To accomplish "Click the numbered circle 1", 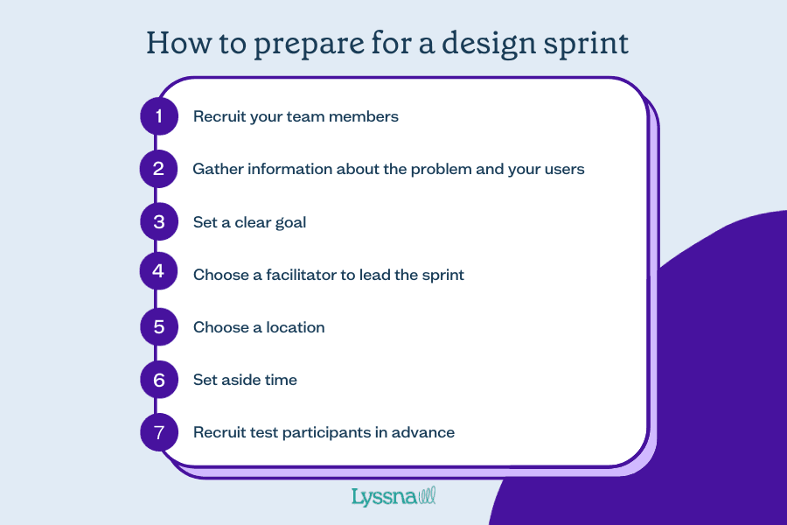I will pos(158,115).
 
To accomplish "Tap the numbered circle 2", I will pos(158,168).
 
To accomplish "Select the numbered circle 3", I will pos(158,221).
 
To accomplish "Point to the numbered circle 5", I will pos(158,326).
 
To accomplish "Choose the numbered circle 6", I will pos(158,380).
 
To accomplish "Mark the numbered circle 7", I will pos(158,432).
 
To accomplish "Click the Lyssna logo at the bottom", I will pos(393,497).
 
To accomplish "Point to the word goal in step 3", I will pos(290,222).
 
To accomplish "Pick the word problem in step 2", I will pos(440,169).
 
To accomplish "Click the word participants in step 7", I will pos(336,432).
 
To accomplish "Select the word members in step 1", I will pos(366,116).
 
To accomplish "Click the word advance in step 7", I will pos(424,432).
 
